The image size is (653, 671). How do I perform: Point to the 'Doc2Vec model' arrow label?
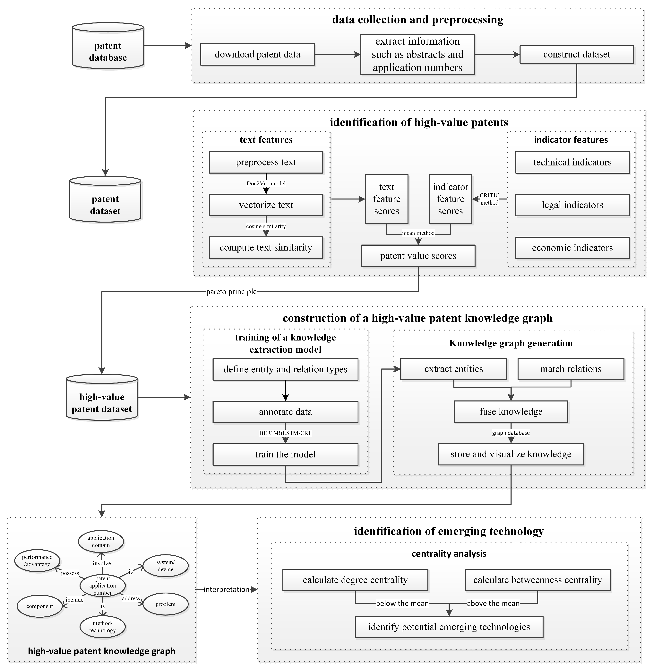pos(266,183)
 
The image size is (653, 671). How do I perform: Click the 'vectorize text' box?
pos(266,205)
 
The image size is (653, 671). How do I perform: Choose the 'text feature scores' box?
pos(387,199)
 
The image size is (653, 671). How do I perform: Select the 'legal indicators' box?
pos(572,205)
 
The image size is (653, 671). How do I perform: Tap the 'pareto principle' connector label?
pos(231,292)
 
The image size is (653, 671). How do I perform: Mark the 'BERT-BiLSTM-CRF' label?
pos(285,433)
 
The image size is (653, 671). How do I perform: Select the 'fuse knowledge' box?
pos(511,411)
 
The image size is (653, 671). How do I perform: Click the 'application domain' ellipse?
pos(101,541)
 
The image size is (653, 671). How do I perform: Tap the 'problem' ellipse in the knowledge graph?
pos(165,604)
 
